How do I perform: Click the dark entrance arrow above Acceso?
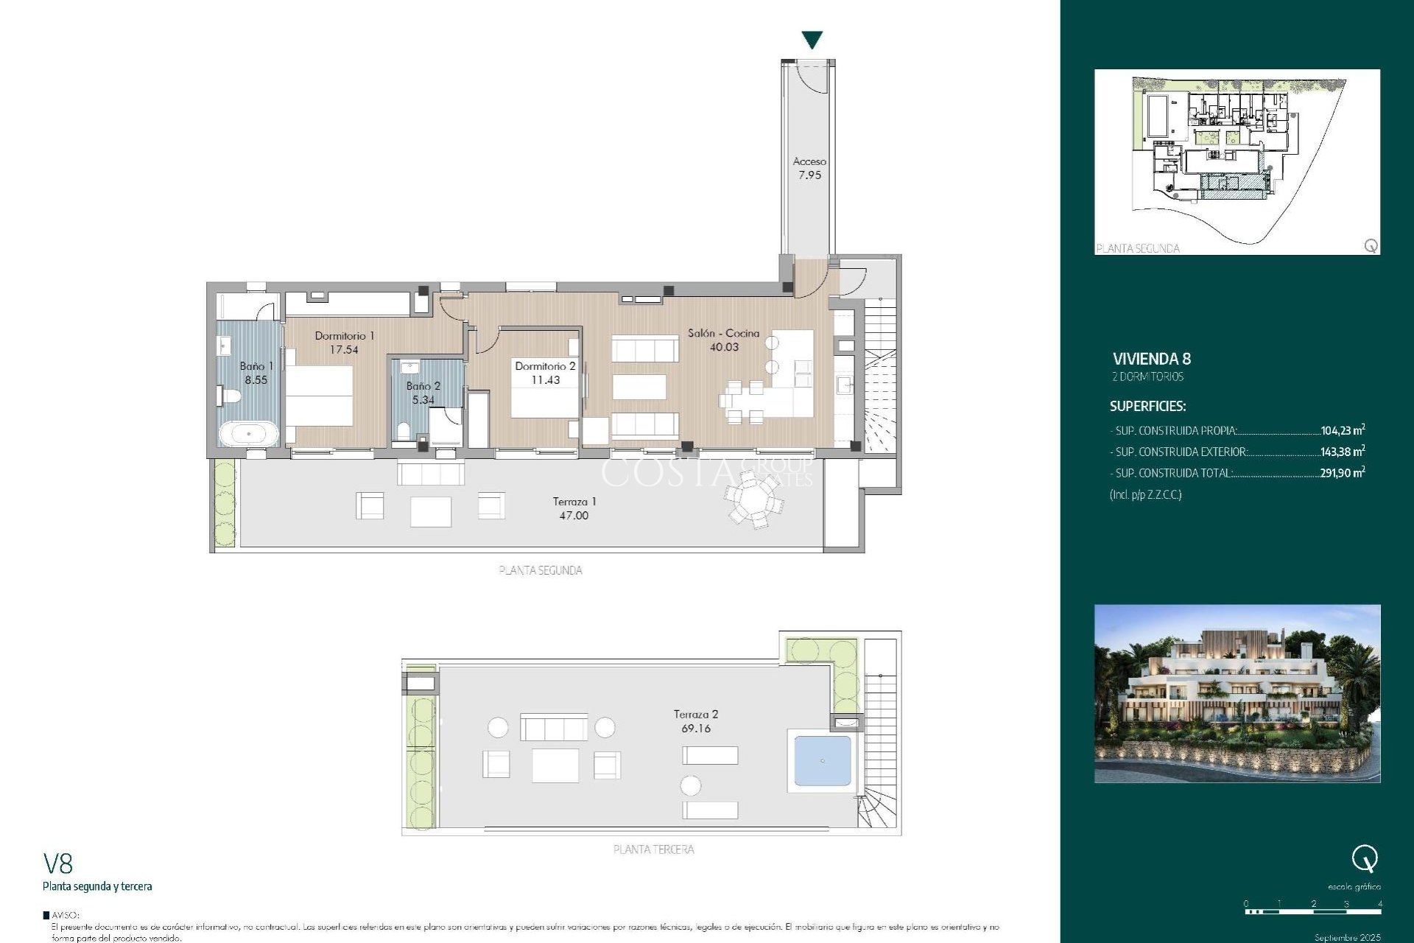tap(812, 40)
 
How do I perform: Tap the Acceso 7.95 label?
tap(809, 168)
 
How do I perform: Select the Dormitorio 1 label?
tap(345, 336)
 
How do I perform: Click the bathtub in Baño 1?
tap(248, 433)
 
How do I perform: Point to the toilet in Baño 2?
tap(403, 431)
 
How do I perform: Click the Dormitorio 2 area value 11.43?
tap(546, 380)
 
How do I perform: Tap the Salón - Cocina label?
tap(723, 333)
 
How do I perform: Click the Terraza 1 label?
tap(574, 502)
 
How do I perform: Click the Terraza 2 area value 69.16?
tap(696, 729)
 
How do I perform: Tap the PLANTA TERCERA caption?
tap(653, 849)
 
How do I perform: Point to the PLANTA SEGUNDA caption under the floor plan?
tap(540, 570)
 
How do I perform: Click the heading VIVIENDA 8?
tap(1151, 359)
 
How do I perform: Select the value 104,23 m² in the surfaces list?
tap(1342, 430)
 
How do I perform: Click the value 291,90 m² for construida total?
tap(1342, 473)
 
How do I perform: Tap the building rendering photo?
tap(1237, 693)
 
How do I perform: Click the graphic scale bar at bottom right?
tap(1313, 911)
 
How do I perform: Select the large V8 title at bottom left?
tap(58, 863)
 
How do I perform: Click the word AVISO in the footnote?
tap(66, 915)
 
